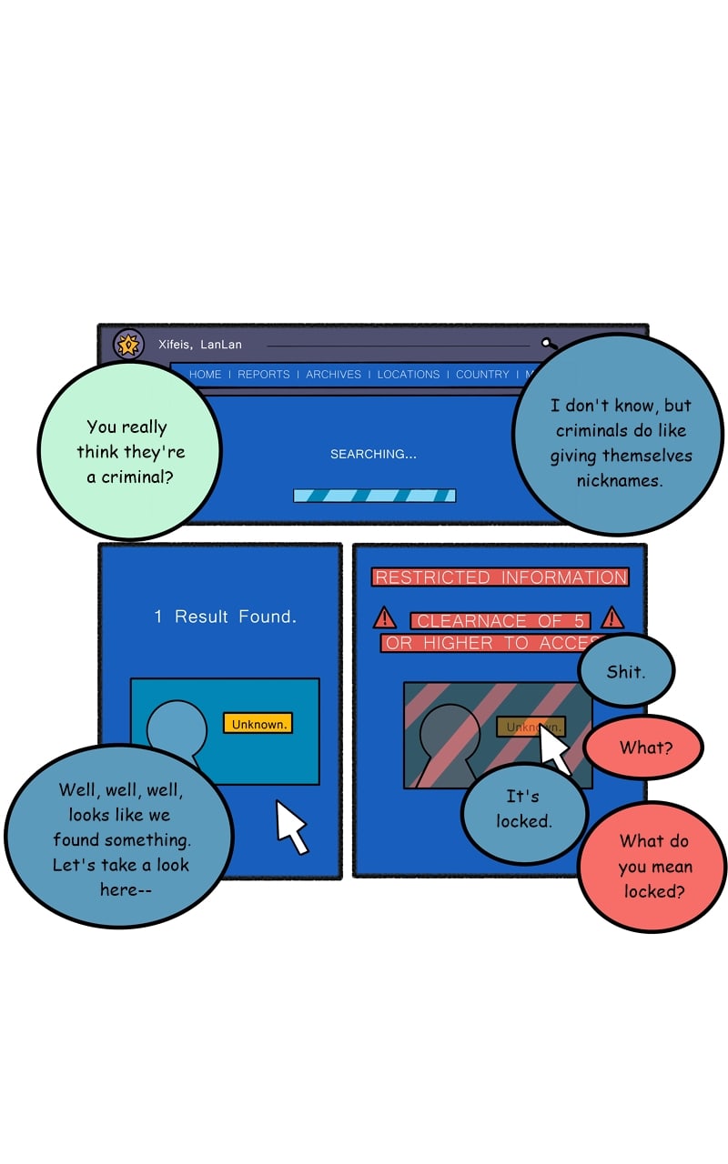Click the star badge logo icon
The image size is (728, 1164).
click(x=128, y=345)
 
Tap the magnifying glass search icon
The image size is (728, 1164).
click(x=549, y=344)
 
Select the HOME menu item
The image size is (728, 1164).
click(x=205, y=375)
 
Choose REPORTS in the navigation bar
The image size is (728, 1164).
click(x=264, y=375)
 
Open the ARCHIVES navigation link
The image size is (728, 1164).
click(x=333, y=375)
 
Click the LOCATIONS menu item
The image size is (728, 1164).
click(x=409, y=375)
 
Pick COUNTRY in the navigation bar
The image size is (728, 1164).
click(x=482, y=375)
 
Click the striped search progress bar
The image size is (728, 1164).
click(x=374, y=496)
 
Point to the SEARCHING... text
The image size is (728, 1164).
click(x=373, y=454)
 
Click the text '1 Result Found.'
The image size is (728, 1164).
click(x=225, y=617)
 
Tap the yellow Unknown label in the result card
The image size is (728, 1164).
click(x=258, y=724)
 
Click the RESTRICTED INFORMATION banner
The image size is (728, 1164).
click(x=500, y=577)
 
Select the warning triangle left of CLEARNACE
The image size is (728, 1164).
click(x=385, y=618)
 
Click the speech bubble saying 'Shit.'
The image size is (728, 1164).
click(x=626, y=672)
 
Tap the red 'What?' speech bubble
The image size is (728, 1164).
click(x=644, y=748)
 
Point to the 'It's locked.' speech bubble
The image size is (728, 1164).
click(x=524, y=809)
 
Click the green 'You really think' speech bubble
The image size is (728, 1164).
click(x=127, y=451)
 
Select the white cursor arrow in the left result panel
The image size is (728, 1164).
click(x=291, y=825)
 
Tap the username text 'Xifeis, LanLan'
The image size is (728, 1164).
click(x=200, y=345)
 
